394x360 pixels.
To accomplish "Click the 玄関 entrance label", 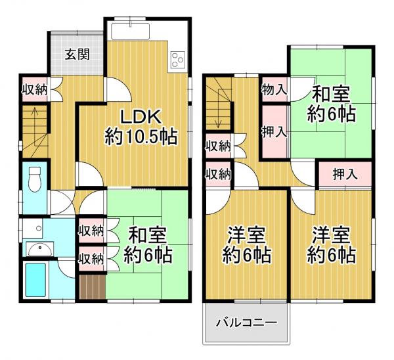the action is (77, 55).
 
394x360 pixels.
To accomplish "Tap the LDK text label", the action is (141, 117).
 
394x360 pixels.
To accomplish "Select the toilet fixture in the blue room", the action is (35, 179).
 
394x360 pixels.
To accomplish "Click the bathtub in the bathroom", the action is (35, 280).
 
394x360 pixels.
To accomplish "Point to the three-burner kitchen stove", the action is (178, 60).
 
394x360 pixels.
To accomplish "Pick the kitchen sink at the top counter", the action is (131, 31).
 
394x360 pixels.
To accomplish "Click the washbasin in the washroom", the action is (40, 250).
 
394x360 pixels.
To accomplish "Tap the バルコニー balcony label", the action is (246, 323).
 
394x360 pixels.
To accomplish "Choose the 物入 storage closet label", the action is (274, 89).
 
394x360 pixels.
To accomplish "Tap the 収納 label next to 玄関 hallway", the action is (35, 90).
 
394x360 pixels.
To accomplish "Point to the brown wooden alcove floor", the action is (92, 287).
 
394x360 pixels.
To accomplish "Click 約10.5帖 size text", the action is (141, 137).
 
